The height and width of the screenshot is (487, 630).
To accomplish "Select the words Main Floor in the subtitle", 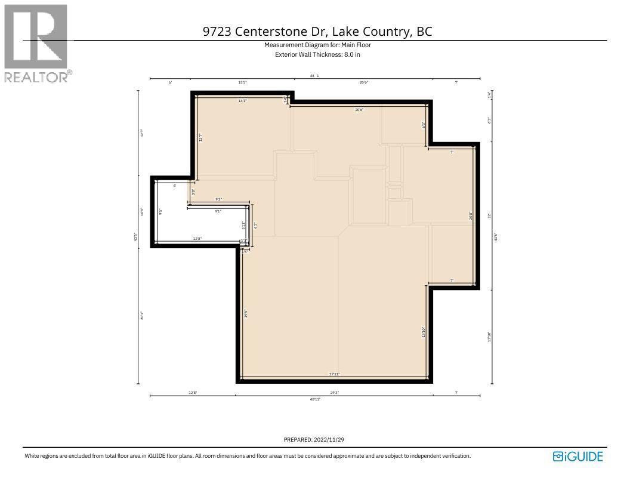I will (357, 45).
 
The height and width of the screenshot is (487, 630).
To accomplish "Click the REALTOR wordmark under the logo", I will (36, 76).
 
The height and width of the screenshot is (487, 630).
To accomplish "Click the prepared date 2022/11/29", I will (331, 440).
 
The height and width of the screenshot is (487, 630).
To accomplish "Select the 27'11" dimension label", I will (334, 374).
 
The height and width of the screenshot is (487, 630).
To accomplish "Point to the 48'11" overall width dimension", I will (315, 399).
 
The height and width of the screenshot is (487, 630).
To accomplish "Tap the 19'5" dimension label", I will (246, 313).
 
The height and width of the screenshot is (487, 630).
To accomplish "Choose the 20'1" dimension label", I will (142, 315).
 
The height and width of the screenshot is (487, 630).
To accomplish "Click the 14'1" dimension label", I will (242, 101).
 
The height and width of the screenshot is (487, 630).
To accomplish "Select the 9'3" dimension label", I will (219, 199).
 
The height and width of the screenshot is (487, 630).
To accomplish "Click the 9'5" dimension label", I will (160, 211).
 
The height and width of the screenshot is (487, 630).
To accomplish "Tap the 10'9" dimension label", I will (142, 211).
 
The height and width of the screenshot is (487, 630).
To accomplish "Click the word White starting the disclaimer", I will (32, 456).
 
